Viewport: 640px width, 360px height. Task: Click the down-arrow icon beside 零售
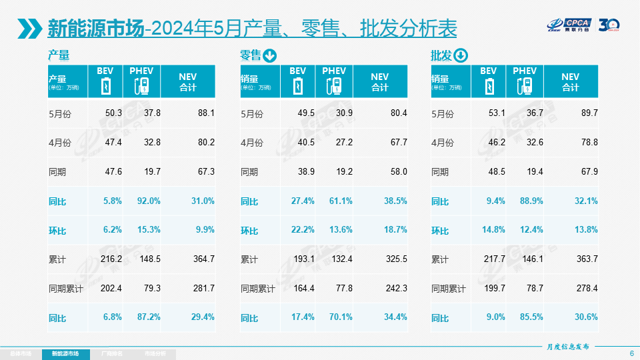coord(270,55)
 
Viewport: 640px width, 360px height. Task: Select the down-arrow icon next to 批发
coord(461,55)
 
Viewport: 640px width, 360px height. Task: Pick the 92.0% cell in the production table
coord(149,201)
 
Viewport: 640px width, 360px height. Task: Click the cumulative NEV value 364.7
coord(203,259)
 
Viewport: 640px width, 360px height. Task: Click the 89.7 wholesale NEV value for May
coord(589,113)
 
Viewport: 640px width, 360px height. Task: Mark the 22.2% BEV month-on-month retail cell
coord(303,230)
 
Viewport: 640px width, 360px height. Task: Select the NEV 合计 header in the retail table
coord(379,81)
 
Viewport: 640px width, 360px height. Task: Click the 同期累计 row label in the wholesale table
coord(449,289)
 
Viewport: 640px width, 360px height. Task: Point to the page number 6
coord(631,353)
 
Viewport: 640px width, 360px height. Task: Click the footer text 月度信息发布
coord(568,347)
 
